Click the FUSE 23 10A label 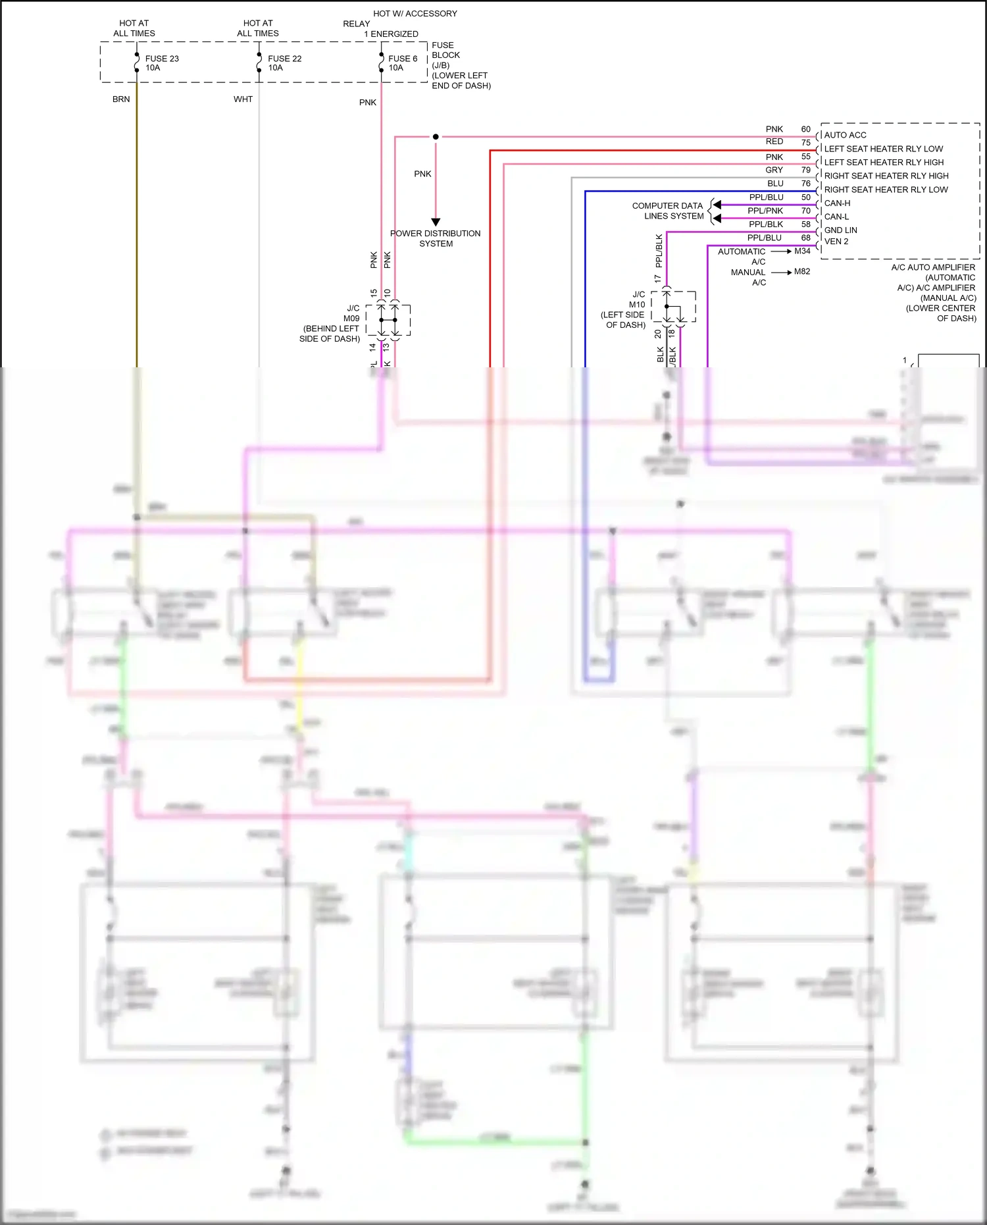click(x=161, y=63)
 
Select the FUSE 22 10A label click(x=284, y=63)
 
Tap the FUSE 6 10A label click(x=402, y=63)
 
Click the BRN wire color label click(x=121, y=99)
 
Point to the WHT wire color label click(x=243, y=99)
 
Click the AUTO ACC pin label click(x=845, y=135)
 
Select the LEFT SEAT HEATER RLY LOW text click(x=883, y=149)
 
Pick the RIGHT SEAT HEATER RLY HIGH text click(x=886, y=176)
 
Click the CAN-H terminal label click(x=837, y=203)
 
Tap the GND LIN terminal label click(x=840, y=230)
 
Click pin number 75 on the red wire click(x=805, y=143)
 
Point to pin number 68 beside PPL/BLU click(x=805, y=238)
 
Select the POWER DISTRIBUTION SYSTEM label click(x=435, y=238)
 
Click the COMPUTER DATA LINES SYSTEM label click(x=668, y=211)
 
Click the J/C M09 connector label click(x=352, y=313)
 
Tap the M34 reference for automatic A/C click(x=802, y=251)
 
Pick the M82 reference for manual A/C click(x=802, y=272)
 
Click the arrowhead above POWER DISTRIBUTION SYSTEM click(x=436, y=222)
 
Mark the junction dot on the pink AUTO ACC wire click(x=436, y=137)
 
